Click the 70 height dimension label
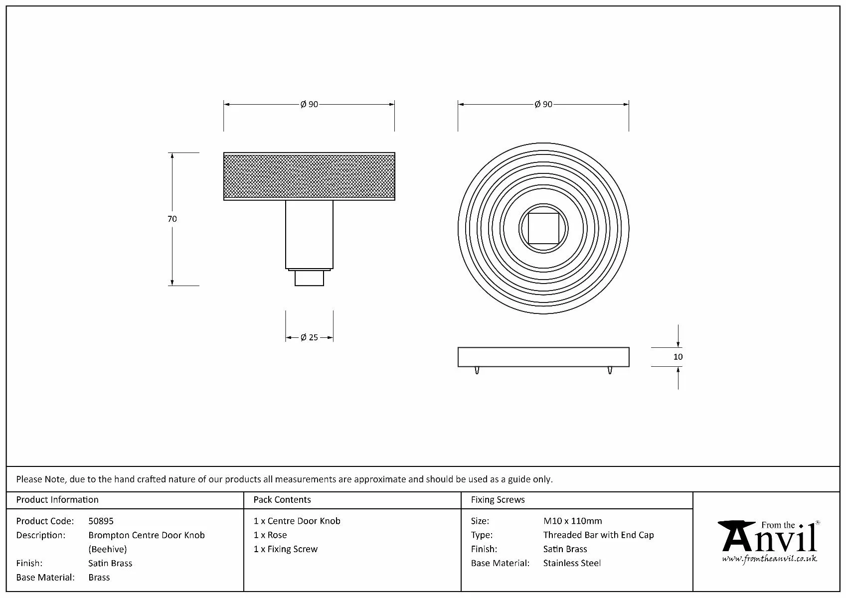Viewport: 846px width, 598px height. coord(172,219)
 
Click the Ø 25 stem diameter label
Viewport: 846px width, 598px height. coord(309,337)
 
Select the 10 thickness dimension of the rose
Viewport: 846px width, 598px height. coord(677,357)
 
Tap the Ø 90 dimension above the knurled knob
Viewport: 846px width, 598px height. coord(309,105)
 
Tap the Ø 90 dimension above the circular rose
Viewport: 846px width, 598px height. coord(543,105)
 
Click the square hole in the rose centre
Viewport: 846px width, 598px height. coord(543,228)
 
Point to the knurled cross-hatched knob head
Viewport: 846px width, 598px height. coord(309,176)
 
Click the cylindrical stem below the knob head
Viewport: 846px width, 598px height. coord(309,234)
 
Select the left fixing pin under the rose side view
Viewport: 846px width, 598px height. coord(477,370)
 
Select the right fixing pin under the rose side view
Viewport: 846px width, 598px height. coord(610,370)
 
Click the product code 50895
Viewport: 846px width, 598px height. coord(101,521)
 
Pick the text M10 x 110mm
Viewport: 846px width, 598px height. coord(572,521)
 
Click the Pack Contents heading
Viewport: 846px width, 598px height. coord(282,500)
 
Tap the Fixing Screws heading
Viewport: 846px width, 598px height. coord(498,500)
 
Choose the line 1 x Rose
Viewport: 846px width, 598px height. coord(270,535)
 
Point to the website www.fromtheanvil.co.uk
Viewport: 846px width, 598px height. coord(769,559)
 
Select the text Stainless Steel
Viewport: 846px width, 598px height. coord(572,563)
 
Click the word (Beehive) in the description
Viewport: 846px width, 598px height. coord(108,549)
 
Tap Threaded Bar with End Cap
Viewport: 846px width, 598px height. coord(598,535)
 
